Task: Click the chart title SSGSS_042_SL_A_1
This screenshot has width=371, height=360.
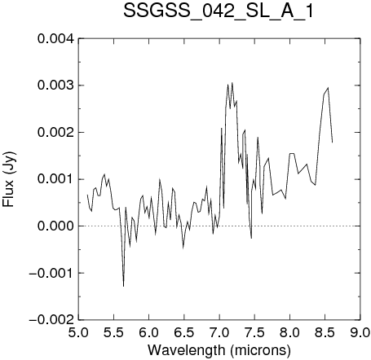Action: pos(219,11)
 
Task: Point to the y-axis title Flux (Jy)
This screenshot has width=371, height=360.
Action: pos(9,179)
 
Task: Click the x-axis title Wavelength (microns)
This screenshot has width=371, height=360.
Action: pos(219,350)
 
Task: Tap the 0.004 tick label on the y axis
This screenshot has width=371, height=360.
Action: pos(55,39)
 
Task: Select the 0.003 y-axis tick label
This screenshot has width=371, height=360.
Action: pos(55,86)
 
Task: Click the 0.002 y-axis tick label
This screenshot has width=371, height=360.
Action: pos(55,133)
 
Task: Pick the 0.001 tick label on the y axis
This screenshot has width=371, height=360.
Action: pos(55,179)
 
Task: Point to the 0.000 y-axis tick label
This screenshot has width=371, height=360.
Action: pos(55,226)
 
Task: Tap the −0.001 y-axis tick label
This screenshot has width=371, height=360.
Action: pos(51,273)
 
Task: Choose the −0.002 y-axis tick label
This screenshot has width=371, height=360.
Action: pos(51,319)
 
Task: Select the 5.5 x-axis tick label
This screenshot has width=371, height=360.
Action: pos(114,332)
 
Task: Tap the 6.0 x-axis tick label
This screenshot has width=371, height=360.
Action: pos(149,332)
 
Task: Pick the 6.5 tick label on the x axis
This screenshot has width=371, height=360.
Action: pos(184,332)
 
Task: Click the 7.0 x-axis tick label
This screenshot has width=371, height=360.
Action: pos(219,332)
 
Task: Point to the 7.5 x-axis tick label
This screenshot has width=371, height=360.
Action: pos(254,332)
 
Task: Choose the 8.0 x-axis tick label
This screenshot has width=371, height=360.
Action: pos(290,332)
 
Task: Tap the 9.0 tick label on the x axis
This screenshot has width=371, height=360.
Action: pos(360,332)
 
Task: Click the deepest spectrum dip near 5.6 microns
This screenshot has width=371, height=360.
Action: pos(123,286)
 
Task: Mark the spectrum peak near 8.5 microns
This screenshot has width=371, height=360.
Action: pos(328,88)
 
